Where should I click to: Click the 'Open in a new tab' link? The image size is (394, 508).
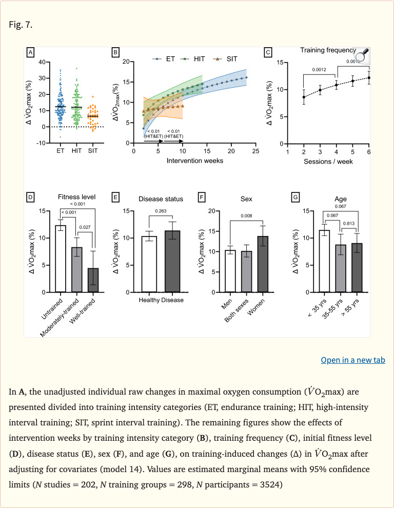pos(352,360)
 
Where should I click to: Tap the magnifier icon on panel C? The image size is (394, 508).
pos(362,54)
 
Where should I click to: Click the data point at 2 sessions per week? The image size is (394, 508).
pos(304,97)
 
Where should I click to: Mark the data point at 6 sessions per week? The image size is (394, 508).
pos(369,78)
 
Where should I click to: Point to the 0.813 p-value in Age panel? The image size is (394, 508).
pos(350,224)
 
